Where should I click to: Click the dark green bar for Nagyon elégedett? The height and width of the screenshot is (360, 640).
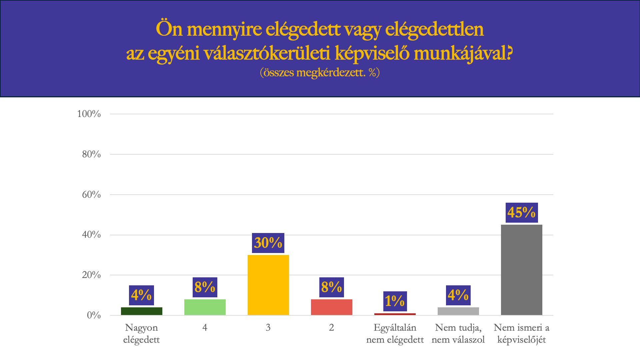point(141,311)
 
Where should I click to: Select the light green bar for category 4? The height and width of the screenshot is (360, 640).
point(205,307)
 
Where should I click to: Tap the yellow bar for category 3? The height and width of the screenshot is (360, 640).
point(268,285)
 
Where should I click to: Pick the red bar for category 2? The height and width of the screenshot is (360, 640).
point(331,307)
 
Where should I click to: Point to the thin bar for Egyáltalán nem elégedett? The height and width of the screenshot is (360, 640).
point(395,314)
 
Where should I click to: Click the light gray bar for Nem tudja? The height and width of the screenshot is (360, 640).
point(458,311)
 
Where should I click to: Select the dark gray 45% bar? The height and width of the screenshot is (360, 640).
point(521,270)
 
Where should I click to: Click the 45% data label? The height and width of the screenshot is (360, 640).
point(521,212)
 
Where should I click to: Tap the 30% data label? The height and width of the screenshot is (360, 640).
point(268,243)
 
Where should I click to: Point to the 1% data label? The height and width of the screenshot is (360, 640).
point(395,301)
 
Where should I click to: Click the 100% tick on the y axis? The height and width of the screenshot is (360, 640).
point(89,114)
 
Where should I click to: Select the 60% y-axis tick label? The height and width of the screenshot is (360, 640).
point(91,195)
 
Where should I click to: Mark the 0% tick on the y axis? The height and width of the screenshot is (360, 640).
point(94,315)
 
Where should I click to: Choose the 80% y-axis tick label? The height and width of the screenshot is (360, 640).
point(91,154)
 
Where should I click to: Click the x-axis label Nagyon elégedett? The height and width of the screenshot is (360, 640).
point(141,333)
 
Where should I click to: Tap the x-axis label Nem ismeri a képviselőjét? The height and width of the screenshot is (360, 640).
point(521,333)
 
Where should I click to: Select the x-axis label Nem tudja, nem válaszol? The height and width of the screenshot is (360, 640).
point(458,333)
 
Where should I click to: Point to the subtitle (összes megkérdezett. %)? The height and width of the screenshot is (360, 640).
point(320,72)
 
